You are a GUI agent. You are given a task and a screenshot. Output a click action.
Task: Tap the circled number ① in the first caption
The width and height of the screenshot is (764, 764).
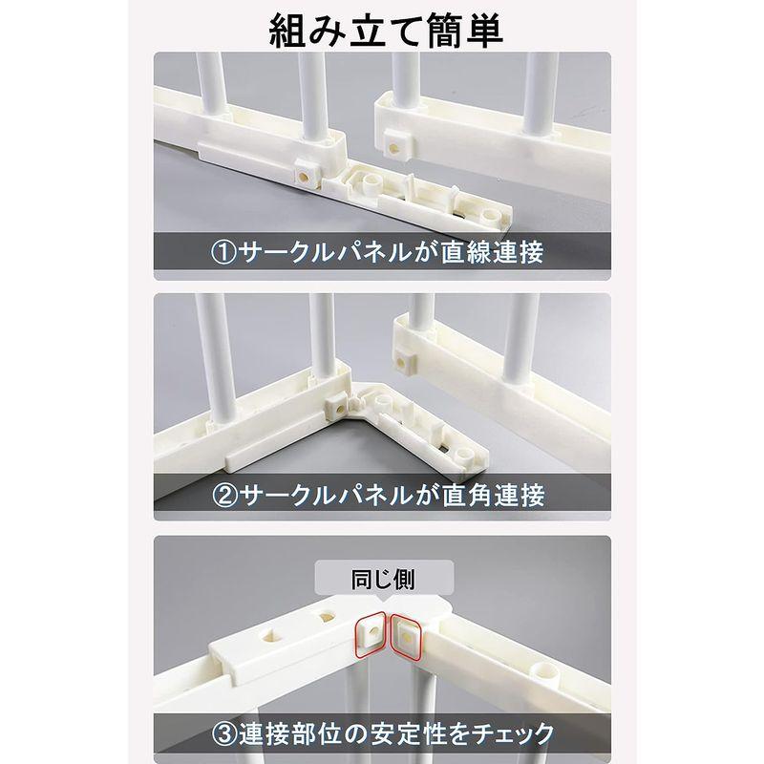(223, 252)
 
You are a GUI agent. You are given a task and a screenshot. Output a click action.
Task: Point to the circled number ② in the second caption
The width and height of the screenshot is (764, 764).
(223, 496)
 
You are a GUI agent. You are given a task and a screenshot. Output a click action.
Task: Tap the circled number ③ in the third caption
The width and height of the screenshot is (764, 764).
(223, 734)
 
